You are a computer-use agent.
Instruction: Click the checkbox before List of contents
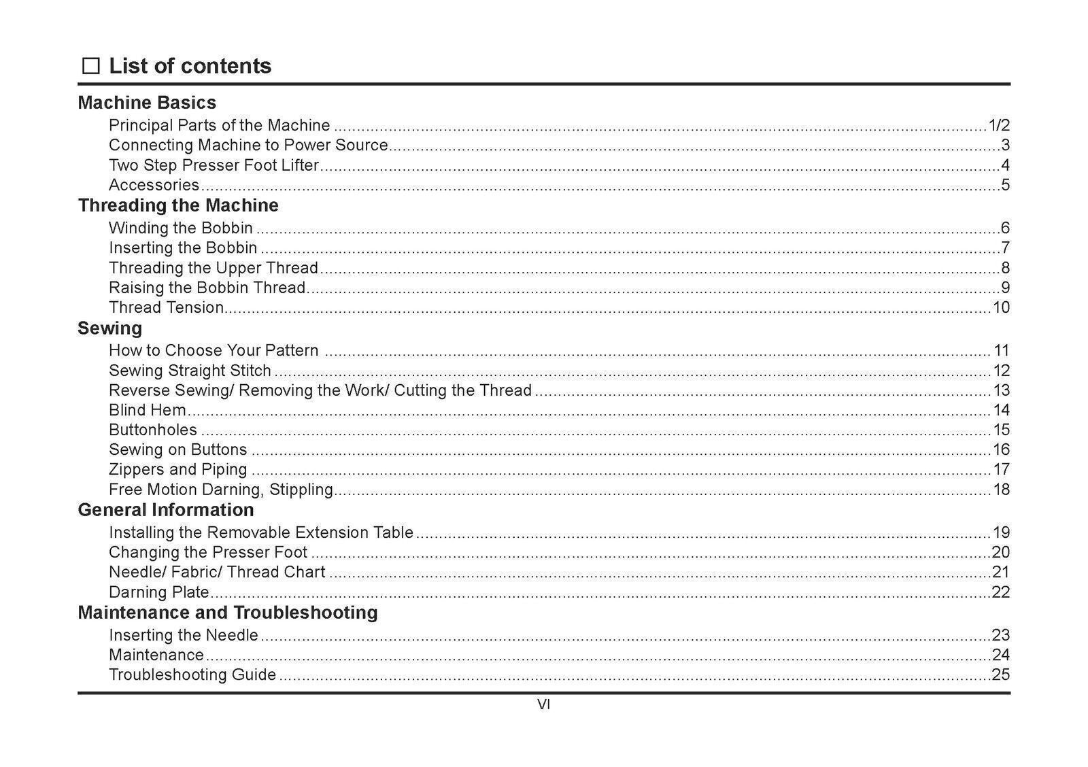coord(90,66)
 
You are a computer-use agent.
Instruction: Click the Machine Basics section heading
coord(147,103)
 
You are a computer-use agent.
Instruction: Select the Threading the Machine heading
coord(178,205)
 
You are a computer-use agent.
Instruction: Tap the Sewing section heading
coord(110,328)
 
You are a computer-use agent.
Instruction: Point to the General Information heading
coord(166,510)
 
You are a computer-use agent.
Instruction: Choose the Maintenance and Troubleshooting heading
coord(228,613)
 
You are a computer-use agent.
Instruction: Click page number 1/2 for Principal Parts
coord(999,126)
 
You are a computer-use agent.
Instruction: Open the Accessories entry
coord(154,185)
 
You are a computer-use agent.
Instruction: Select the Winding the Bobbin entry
coord(181,228)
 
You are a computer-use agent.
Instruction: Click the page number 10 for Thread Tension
coord(1001,307)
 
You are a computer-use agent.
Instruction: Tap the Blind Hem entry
coord(148,410)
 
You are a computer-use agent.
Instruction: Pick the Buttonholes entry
coord(153,430)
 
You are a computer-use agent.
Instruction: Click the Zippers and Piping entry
coord(178,469)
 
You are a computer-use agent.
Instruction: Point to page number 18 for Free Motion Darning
coord(1001,490)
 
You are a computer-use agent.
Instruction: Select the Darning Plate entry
coord(159,592)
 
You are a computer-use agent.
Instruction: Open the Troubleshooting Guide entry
coord(192,675)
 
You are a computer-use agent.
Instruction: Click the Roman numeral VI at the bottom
coord(543,705)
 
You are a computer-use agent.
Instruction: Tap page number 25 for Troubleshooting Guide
coord(1001,675)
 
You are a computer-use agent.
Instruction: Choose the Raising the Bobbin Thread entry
coord(207,288)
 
